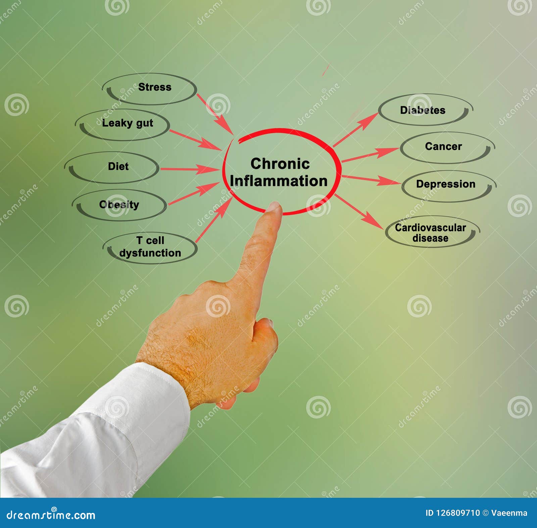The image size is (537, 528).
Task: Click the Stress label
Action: coord(155,87)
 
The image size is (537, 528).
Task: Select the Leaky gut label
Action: coord(128,123)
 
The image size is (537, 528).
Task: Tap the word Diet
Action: coord(118,166)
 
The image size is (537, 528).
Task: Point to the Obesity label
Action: coord(119,204)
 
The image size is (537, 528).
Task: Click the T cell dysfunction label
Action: coord(150,247)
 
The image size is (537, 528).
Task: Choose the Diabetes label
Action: coord(423,110)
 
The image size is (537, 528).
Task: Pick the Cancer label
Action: coord(443,146)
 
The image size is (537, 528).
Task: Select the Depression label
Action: coord(446,184)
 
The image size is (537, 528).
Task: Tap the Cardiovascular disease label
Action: coord(430,233)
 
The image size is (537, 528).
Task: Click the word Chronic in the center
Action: coord(280,164)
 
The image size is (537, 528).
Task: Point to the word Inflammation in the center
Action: coord(279,181)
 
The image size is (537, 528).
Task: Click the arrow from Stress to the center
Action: coord(215,114)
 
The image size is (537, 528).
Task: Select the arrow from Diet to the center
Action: coord(190,169)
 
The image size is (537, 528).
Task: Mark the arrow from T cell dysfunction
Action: coord(213,220)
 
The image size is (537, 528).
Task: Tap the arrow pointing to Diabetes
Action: coord(356,130)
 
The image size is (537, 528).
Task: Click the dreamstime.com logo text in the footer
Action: coord(51,515)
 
